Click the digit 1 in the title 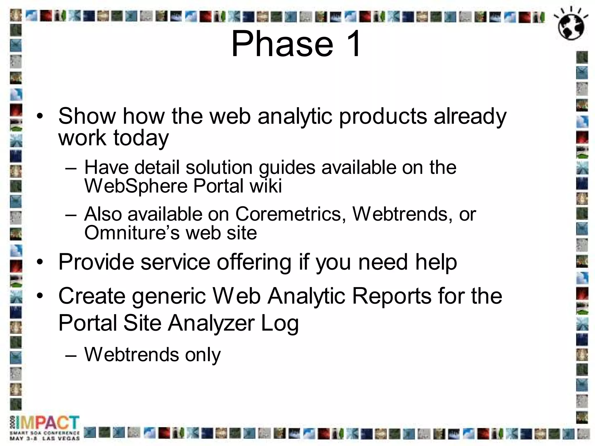pyautogui.click(x=352, y=44)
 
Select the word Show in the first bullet pyautogui.click(x=87, y=116)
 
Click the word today pyautogui.click(x=141, y=138)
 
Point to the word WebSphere pyautogui.click(x=136, y=186)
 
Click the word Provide pyautogui.click(x=96, y=262)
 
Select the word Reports pyautogui.click(x=391, y=296)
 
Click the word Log pyautogui.click(x=279, y=323)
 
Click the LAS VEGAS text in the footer pyautogui.click(x=61, y=438)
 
